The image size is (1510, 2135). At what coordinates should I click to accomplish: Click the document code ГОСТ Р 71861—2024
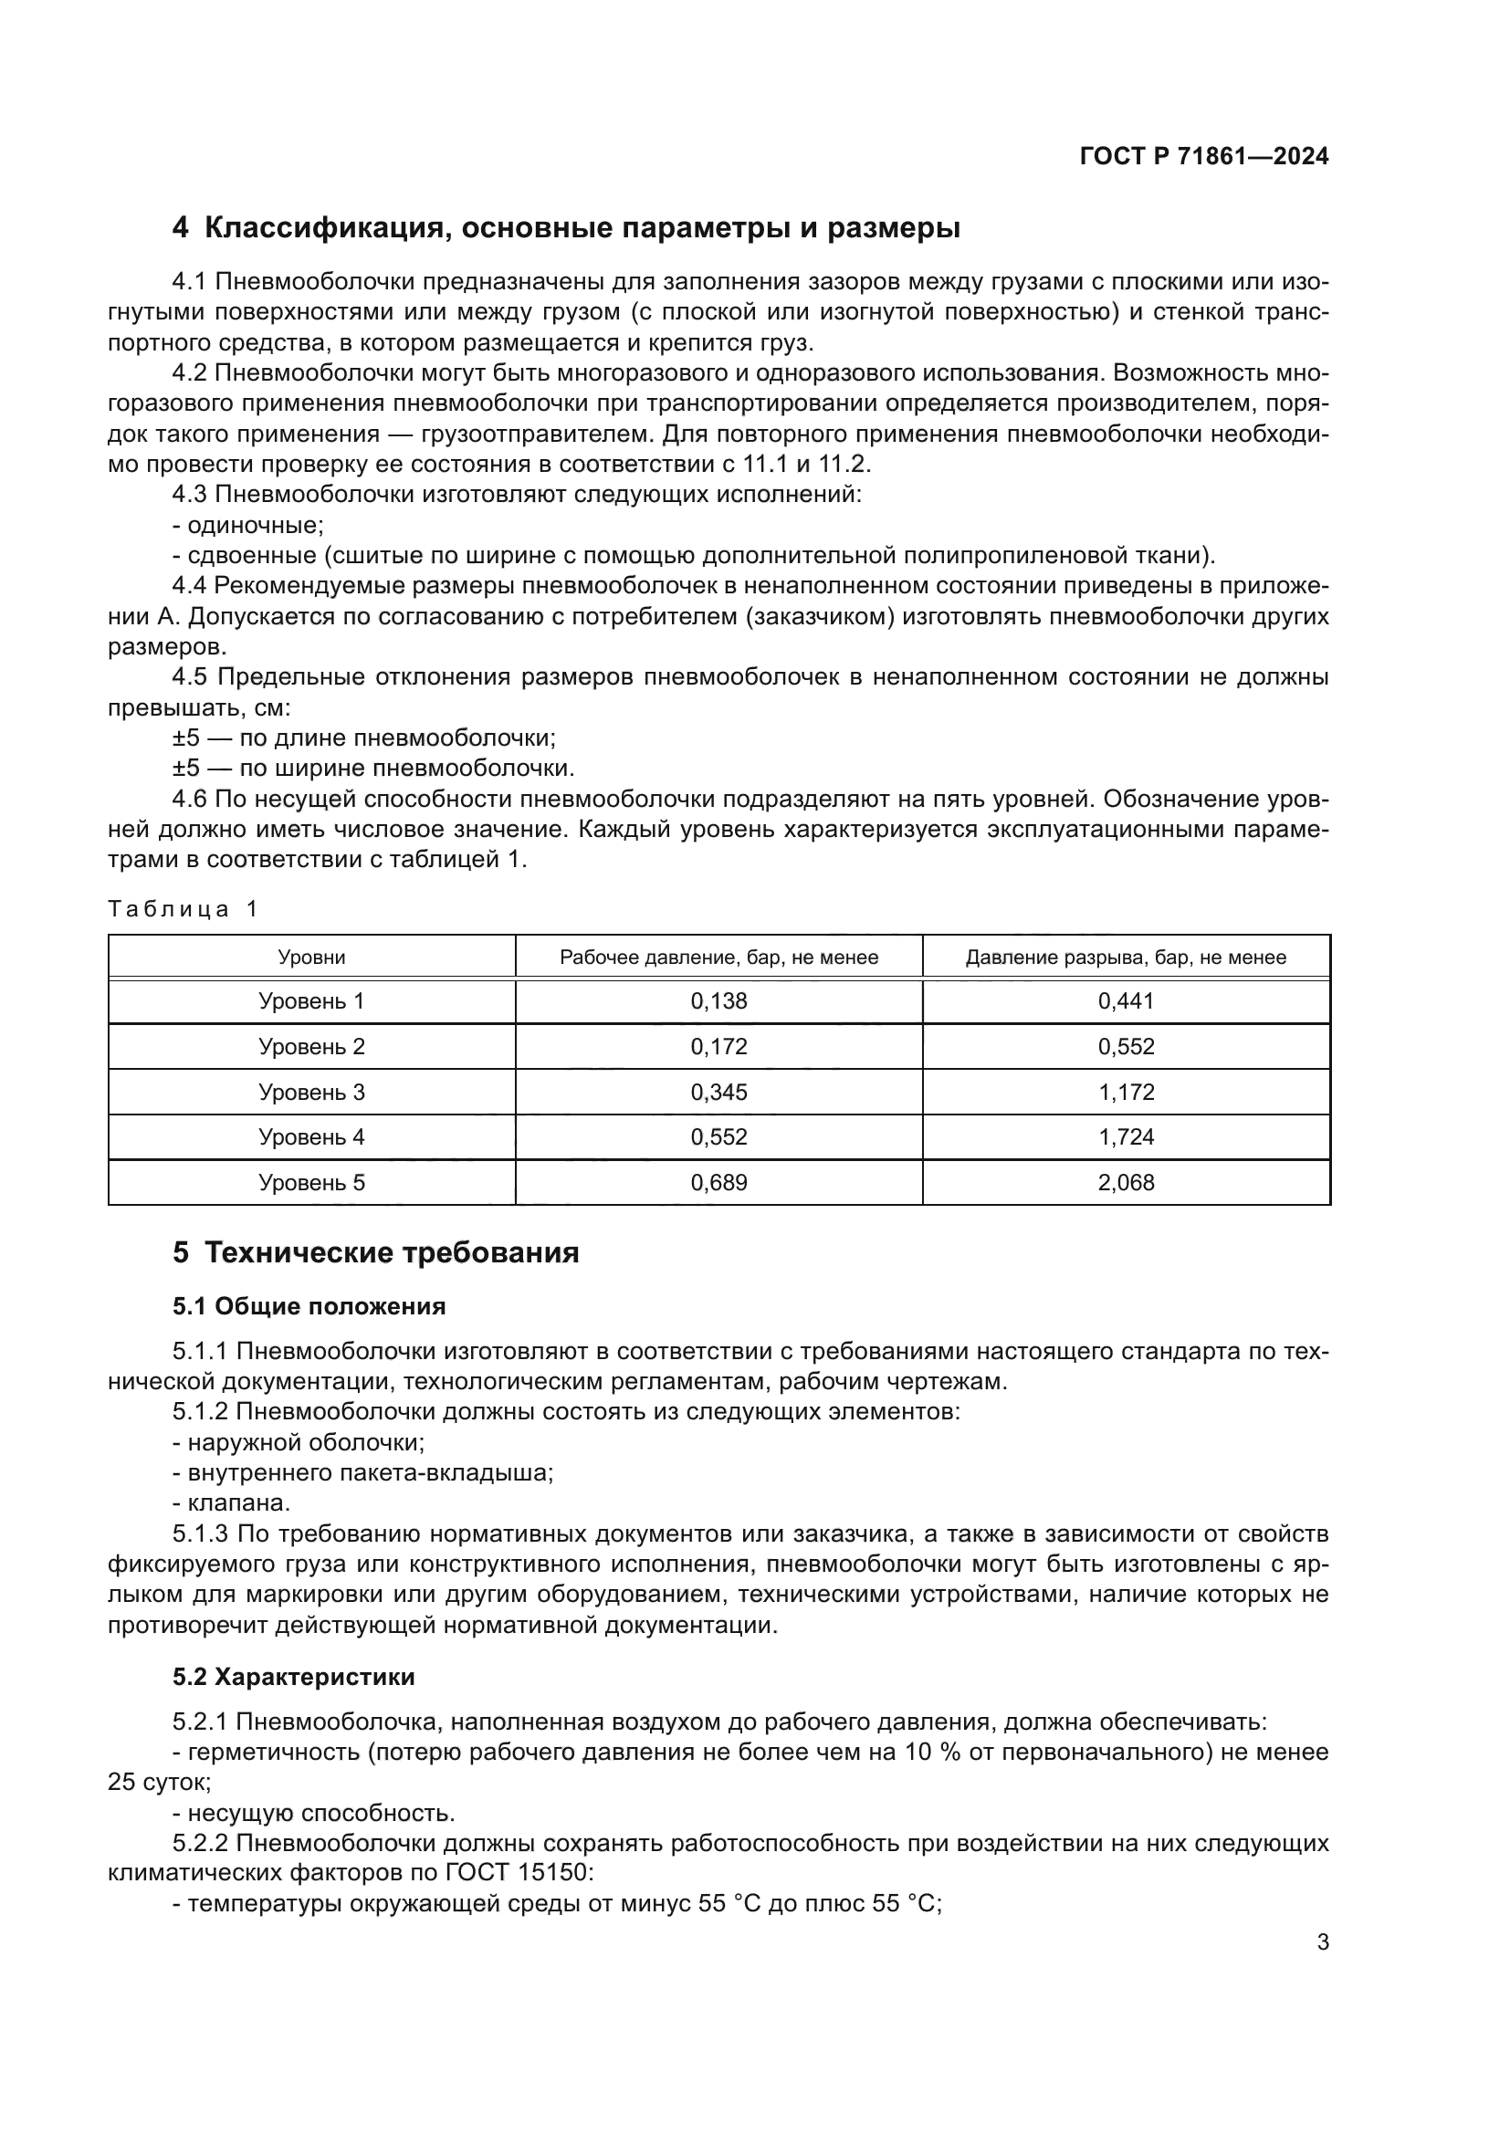pos(1203,156)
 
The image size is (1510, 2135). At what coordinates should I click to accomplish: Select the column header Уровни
pos(311,957)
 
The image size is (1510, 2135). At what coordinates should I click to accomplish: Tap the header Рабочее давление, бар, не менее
pos(718,957)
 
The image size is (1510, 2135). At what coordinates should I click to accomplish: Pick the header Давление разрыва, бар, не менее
pos(1125,957)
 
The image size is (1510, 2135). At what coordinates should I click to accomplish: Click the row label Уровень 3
pos(311,1092)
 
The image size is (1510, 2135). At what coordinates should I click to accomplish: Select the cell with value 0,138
pos(718,1001)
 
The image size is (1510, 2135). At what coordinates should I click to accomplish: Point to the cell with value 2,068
pos(1125,1183)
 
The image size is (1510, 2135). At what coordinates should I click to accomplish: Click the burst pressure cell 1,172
pos(1125,1092)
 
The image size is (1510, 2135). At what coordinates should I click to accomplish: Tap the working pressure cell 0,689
pos(718,1183)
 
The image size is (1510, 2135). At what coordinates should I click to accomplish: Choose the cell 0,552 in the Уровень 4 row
pos(718,1137)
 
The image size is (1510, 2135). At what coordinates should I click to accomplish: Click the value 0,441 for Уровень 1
pos(1125,1001)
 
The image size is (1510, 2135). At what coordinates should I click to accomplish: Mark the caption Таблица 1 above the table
pos(183,908)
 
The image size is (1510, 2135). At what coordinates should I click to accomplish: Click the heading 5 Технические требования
pos(375,1253)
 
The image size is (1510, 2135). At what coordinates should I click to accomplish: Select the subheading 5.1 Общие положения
pos(309,1306)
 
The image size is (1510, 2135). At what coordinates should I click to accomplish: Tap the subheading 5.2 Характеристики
pos(293,1678)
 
